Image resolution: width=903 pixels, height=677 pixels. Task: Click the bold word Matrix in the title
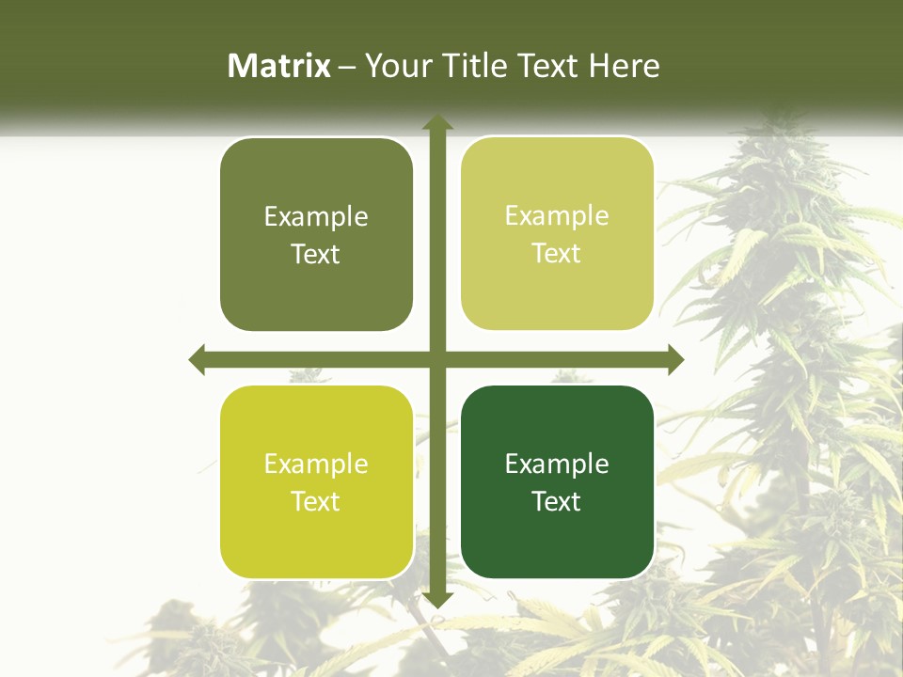pos(279,66)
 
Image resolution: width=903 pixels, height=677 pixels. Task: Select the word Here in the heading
pos(624,66)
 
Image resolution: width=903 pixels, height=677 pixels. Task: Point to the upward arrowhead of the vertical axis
pos(436,122)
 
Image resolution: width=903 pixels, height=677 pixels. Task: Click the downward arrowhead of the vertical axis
pos(436,599)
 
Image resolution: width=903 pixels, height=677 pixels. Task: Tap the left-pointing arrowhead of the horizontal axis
pos(197,359)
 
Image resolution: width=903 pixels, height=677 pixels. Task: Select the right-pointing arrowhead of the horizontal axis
pos(674,359)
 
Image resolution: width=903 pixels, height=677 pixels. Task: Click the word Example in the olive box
pos(316,217)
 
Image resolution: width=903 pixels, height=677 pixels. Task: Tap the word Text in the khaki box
pos(557,254)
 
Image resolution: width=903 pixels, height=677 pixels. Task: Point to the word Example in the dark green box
pos(557,464)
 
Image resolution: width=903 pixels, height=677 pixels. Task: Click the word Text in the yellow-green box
pos(316,501)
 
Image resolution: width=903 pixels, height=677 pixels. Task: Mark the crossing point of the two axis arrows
pos(436,359)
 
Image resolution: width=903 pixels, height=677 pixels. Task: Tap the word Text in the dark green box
pos(557,501)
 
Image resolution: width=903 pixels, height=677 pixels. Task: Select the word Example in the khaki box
pos(557,216)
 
